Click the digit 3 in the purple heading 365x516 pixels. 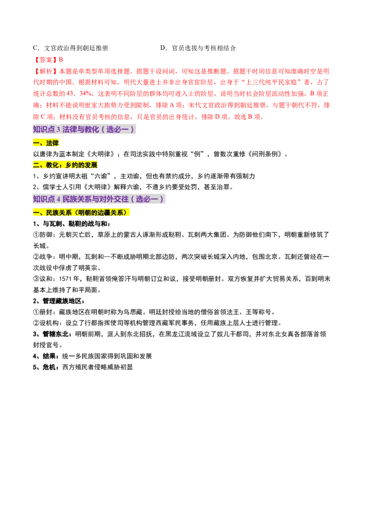point(58,129)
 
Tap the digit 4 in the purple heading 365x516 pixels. point(58,199)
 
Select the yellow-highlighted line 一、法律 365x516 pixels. point(47,144)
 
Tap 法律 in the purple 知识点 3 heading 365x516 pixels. point(69,129)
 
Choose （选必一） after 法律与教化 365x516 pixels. point(117,129)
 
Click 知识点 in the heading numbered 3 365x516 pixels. point(44,129)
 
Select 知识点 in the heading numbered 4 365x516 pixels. point(44,199)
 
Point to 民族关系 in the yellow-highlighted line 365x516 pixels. point(59,213)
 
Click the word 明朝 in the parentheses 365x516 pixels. point(84,213)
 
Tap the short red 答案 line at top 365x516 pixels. point(49,59)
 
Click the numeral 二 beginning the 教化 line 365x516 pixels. point(36,165)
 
